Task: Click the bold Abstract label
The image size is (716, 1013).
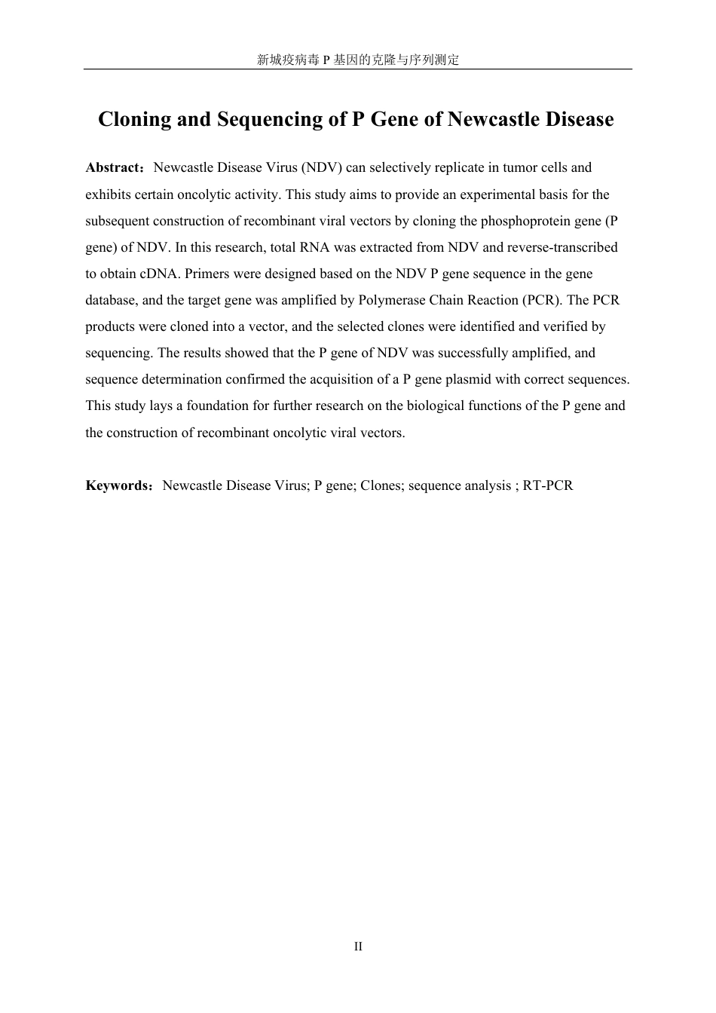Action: [112, 167]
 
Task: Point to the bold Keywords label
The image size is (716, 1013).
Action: [118, 485]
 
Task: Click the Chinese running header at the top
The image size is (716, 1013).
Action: [358, 60]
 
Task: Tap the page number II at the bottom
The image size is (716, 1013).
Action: [358, 947]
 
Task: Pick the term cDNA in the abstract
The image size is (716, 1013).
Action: [158, 274]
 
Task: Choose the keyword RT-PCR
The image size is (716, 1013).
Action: [548, 485]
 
